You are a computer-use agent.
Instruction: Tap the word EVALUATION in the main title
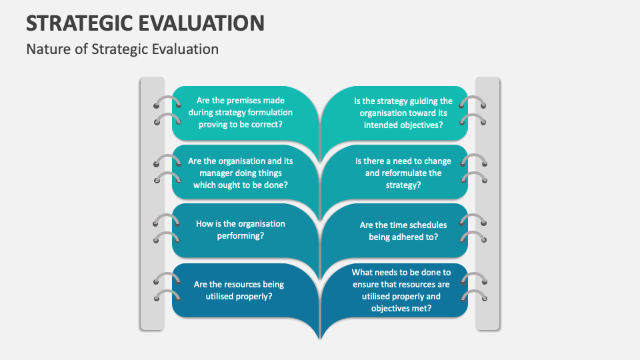click(205, 23)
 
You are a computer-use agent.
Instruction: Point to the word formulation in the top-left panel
click(265, 113)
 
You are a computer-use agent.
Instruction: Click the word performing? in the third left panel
click(241, 236)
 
